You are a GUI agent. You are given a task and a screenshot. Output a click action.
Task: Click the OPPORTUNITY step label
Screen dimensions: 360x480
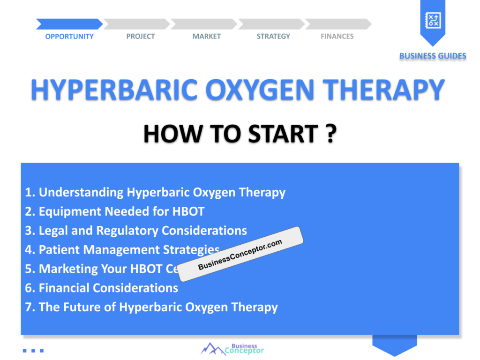coord(69,37)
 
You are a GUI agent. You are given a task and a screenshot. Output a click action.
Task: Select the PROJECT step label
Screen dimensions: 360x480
coord(140,37)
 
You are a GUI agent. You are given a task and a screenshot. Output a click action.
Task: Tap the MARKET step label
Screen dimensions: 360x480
coord(206,37)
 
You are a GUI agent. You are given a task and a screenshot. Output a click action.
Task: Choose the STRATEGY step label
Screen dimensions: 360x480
coord(273,37)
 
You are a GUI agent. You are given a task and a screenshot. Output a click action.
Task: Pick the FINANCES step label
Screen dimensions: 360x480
coord(337,37)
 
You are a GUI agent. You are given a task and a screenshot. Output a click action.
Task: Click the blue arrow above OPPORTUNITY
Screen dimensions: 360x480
coord(69,24)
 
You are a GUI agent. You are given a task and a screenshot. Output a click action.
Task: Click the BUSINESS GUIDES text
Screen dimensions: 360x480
coord(433,56)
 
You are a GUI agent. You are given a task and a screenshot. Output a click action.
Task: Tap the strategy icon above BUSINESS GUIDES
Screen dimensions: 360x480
coord(432,20)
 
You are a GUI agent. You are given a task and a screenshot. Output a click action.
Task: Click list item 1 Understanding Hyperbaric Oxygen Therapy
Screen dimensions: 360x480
coord(155,192)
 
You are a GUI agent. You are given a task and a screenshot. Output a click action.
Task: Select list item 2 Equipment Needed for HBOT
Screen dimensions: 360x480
coord(115,211)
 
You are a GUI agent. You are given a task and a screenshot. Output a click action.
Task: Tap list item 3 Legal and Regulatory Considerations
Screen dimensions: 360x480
coord(136,231)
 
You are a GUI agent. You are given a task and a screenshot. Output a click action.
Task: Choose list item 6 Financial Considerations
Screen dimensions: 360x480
coord(102,288)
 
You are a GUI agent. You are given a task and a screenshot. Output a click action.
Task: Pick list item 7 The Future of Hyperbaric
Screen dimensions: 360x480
coord(151,307)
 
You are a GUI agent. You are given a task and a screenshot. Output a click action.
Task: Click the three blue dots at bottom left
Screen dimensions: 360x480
coord(33,350)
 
